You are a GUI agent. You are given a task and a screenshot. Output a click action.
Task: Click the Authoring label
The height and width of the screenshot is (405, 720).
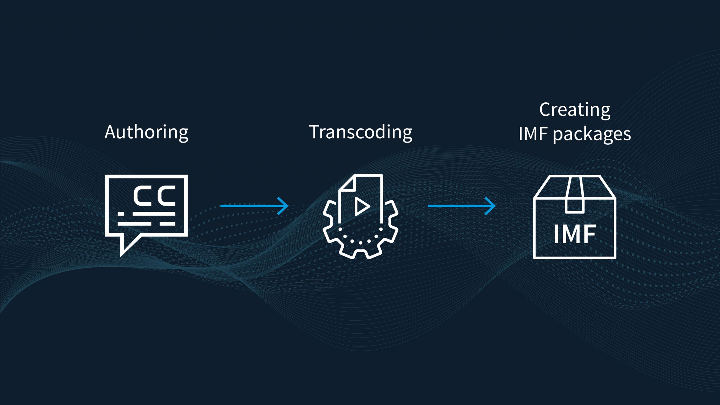(x=146, y=132)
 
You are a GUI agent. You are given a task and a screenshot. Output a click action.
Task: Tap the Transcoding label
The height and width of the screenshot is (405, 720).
(x=361, y=132)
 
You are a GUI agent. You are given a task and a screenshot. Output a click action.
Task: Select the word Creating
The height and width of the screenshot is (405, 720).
(x=575, y=110)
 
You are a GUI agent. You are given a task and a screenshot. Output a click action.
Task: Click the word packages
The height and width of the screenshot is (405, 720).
(x=592, y=134)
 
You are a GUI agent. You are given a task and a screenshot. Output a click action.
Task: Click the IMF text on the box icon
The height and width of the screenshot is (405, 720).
(x=575, y=234)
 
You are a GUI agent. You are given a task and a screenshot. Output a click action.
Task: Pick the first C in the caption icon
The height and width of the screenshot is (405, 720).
(x=143, y=195)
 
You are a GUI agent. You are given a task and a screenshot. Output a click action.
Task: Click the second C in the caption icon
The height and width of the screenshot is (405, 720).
(x=166, y=195)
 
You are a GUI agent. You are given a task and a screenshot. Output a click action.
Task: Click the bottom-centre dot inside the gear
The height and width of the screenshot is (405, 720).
(x=360, y=243)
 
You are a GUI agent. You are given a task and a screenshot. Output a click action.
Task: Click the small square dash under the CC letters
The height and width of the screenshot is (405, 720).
(x=121, y=214)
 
